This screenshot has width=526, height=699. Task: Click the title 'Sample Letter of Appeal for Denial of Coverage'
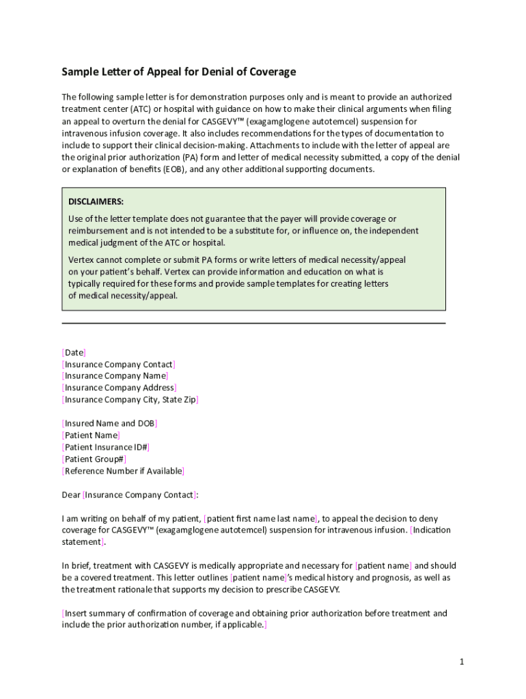[x=179, y=72]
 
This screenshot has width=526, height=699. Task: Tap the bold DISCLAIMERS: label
[x=96, y=201]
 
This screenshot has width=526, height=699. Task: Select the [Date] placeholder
[x=74, y=352]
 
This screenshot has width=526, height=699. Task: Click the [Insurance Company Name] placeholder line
[x=115, y=375]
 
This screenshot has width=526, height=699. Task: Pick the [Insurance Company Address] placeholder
[x=119, y=388]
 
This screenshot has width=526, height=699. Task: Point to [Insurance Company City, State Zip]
[x=130, y=399]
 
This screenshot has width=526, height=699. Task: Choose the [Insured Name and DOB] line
[x=109, y=423]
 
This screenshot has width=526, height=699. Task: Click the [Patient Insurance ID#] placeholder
[x=106, y=447]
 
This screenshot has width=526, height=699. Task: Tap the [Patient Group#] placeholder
[x=94, y=459]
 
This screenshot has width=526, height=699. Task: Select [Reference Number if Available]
[x=123, y=471]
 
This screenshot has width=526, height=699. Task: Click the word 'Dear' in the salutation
[x=71, y=495]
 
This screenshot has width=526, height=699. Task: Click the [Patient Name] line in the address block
[x=91, y=435]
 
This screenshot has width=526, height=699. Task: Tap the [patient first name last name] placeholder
[x=261, y=518]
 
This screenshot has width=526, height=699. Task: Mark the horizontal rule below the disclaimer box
[x=253, y=323]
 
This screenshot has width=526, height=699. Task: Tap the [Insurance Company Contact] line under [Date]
[x=119, y=364]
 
